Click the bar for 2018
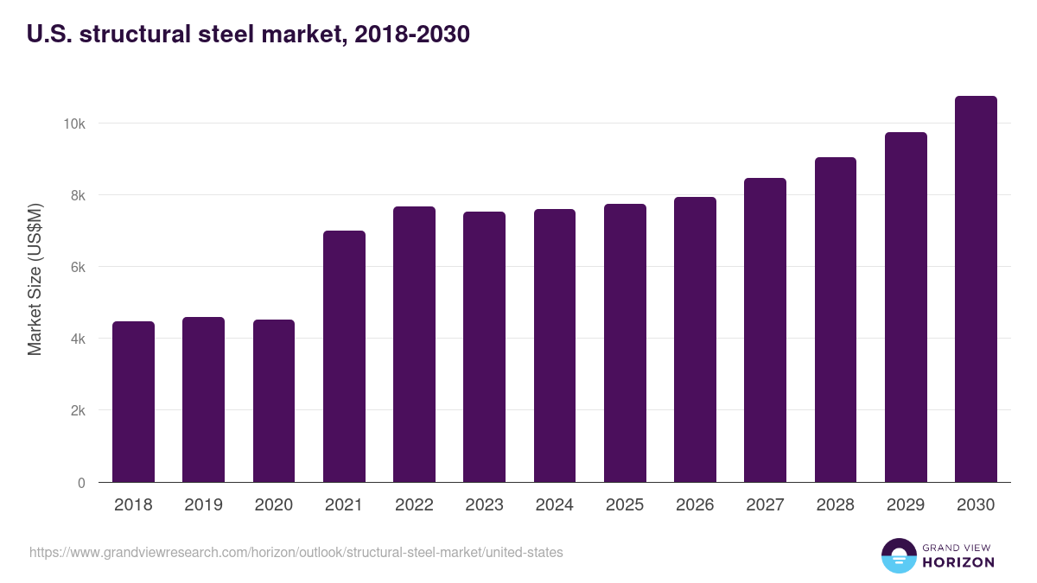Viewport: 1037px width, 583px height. click(133, 402)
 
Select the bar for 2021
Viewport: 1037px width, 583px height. click(344, 356)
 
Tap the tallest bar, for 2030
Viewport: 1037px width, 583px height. click(976, 288)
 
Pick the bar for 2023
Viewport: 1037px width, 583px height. click(484, 346)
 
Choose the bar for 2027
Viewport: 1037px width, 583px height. click(765, 330)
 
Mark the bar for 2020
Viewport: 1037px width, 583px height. click(274, 401)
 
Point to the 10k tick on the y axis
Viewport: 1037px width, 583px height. click(74, 124)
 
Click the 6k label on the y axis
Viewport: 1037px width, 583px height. click(78, 268)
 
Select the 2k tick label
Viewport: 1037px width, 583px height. click(78, 411)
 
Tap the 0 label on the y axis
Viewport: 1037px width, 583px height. click(81, 483)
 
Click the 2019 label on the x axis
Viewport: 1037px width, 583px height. click(203, 505)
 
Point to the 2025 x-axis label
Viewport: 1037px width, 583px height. click(625, 505)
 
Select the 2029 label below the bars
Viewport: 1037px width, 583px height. click(906, 505)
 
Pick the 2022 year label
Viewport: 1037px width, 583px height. click(414, 505)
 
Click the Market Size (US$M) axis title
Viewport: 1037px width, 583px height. click(35, 280)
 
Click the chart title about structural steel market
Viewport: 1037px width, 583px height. click(249, 34)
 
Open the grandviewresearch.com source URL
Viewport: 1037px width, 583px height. click(296, 552)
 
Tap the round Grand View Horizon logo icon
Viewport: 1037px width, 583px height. click(898, 555)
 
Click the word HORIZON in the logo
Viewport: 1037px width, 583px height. click(957, 562)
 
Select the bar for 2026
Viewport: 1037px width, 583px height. click(695, 339)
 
